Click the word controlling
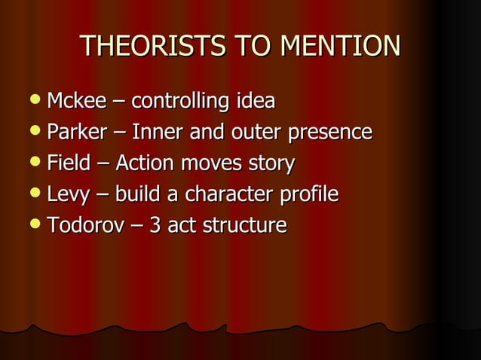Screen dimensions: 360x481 181,101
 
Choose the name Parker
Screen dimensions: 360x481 77,133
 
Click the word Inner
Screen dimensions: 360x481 155,133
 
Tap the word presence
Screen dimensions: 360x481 328,133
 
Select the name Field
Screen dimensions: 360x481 68,163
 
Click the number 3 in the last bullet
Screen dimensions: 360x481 155,226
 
